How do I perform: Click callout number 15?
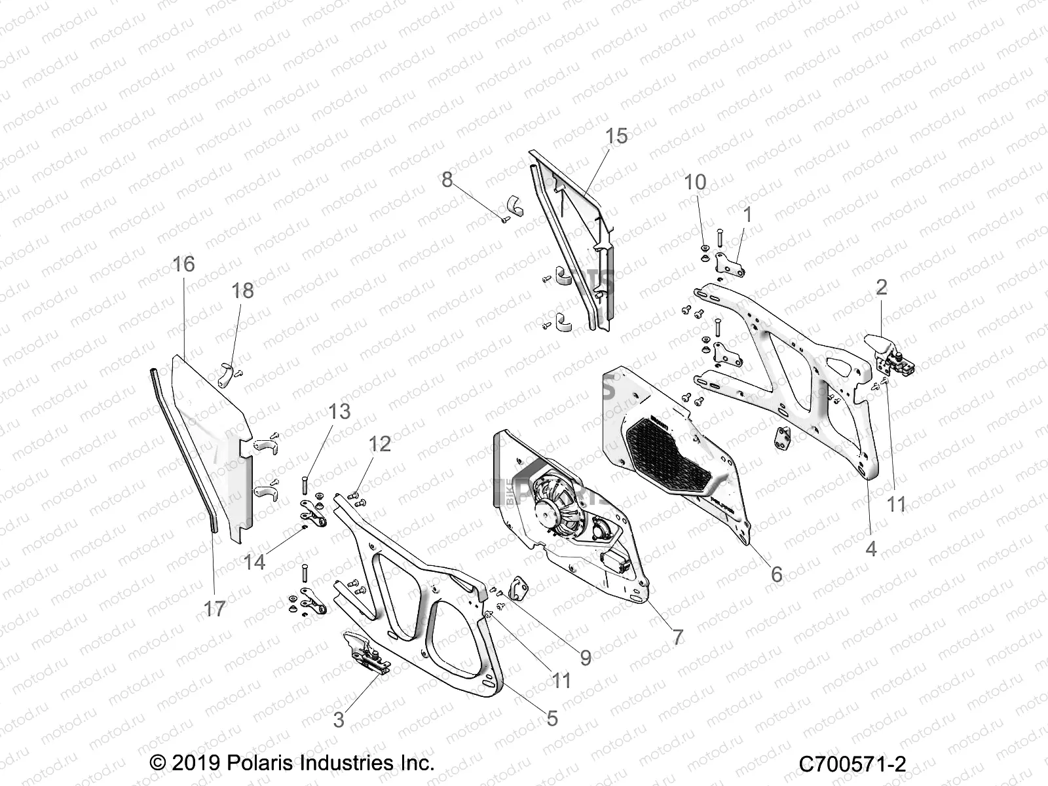pyautogui.click(x=616, y=136)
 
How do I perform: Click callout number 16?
pyautogui.click(x=183, y=263)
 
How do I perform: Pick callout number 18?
pyautogui.click(x=243, y=290)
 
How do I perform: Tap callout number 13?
pyautogui.click(x=339, y=411)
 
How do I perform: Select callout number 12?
pyautogui.click(x=380, y=443)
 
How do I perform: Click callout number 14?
pyautogui.click(x=254, y=561)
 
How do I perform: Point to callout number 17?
pyautogui.click(x=214, y=608)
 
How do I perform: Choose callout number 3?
pyautogui.click(x=339, y=720)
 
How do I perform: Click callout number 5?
pyautogui.click(x=552, y=718)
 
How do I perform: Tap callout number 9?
pyautogui.click(x=586, y=657)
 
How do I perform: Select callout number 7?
pyautogui.click(x=677, y=636)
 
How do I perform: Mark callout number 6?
pyautogui.click(x=776, y=574)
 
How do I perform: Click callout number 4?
pyautogui.click(x=870, y=548)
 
